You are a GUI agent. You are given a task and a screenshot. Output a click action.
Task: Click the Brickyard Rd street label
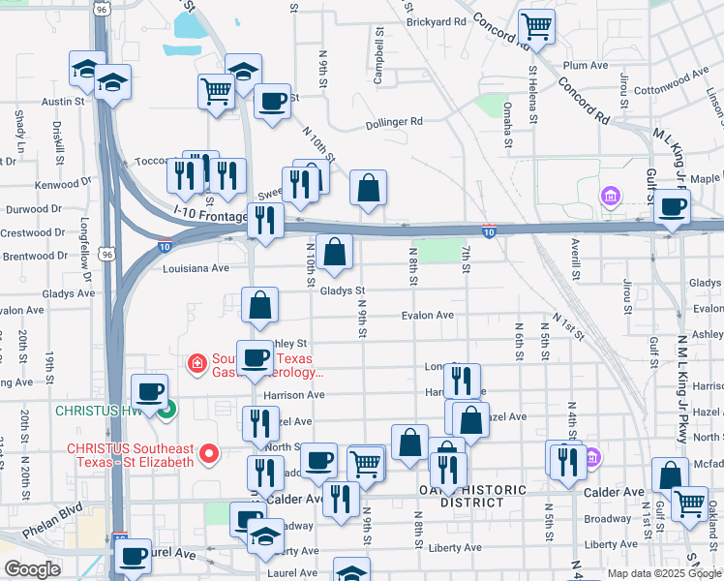click(436, 21)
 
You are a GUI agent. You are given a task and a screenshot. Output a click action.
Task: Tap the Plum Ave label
click(585, 65)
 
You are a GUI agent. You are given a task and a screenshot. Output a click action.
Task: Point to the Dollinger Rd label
click(394, 122)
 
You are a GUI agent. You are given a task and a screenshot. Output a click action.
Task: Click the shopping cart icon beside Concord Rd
click(536, 25)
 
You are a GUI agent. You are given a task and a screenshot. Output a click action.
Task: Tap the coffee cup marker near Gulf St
click(672, 204)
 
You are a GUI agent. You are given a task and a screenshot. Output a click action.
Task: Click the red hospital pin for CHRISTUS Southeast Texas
click(206, 452)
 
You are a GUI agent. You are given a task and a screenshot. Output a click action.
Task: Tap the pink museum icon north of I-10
click(610, 198)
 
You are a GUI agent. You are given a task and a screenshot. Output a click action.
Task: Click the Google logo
click(32, 569)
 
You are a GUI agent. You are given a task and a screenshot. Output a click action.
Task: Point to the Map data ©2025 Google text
click(663, 573)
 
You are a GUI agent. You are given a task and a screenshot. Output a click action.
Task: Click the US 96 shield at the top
click(101, 9)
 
